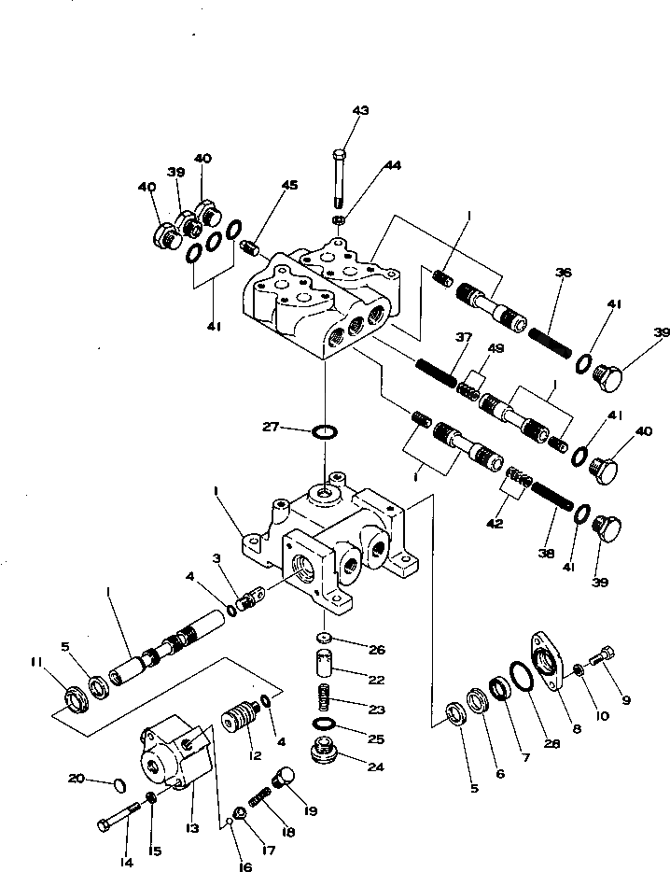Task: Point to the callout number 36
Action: coord(562,273)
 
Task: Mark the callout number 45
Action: coord(290,185)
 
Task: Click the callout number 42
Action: coord(495,524)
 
